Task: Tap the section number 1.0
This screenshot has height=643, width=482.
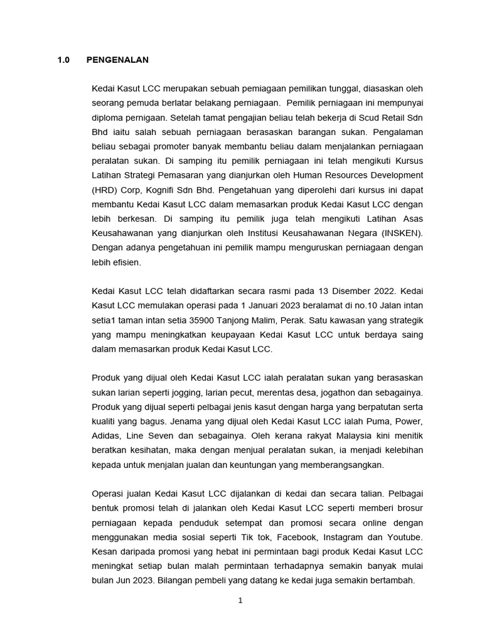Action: pyautogui.click(x=64, y=60)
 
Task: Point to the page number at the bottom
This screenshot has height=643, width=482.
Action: pyautogui.click(x=240, y=600)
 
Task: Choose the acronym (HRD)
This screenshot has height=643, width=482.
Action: pyautogui.click(x=105, y=190)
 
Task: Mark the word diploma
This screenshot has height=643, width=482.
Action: pyautogui.click(x=108, y=118)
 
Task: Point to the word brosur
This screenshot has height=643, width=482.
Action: pyautogui.click(x=409, y=508)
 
